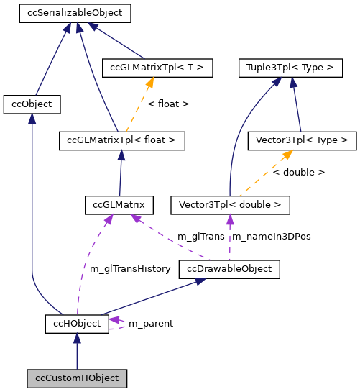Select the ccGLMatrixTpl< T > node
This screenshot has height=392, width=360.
157,68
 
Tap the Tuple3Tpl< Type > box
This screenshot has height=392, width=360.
290,68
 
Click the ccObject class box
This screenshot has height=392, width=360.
32,104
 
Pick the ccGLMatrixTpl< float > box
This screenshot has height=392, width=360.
122,140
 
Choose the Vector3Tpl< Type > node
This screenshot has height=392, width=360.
301,140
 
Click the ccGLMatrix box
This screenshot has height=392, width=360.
119,205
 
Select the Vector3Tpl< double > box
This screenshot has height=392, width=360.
230,205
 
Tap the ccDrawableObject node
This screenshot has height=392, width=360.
229,270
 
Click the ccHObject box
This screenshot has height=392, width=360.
77,324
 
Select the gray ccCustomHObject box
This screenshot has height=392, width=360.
77,378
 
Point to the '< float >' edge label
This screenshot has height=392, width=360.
168,104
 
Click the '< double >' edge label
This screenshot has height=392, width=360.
299,173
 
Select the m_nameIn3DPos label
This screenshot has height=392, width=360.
269,237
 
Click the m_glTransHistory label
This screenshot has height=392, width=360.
130,269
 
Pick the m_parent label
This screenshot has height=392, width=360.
150,324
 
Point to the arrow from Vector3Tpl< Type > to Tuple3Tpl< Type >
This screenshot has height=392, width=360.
297,104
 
